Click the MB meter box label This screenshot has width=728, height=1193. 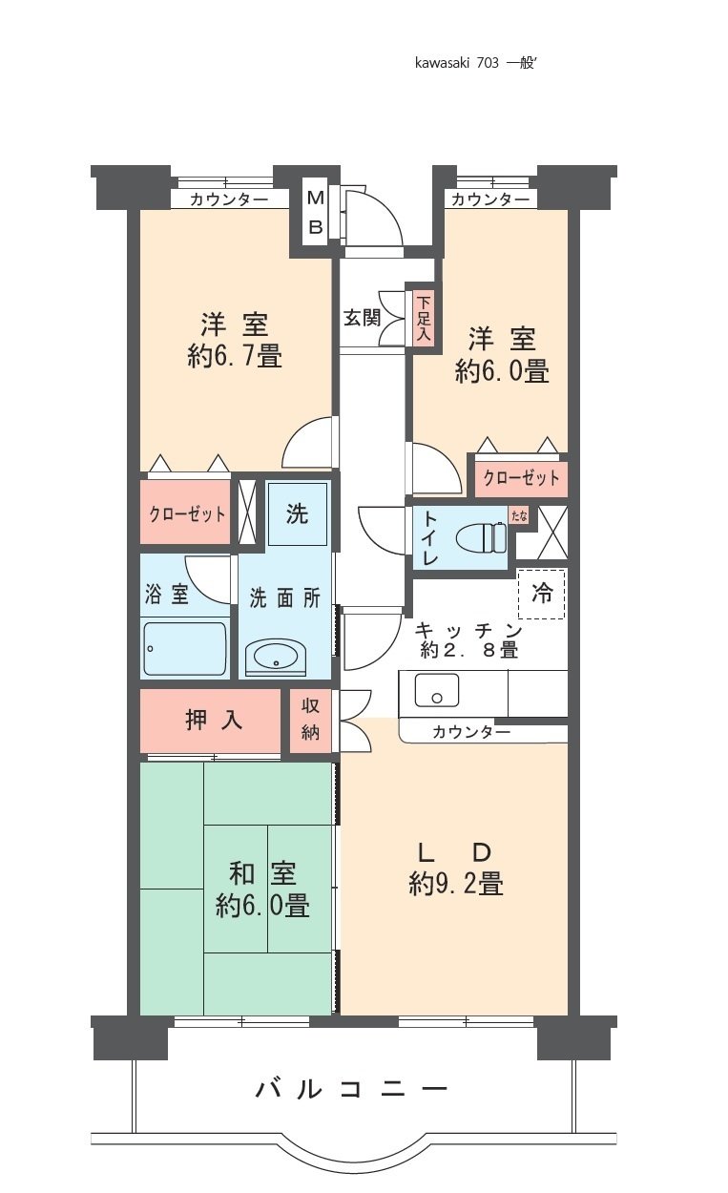pyautogui.click(x=316, y=212)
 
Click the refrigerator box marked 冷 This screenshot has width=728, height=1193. pyautogui.click(x=541, y=594)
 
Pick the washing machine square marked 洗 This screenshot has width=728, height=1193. pyautogui.click(x=297, y=513)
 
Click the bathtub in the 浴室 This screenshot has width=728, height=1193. pyautogui.click(x=185, y=649)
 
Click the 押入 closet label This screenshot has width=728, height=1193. pyautogui.click(x=214, y=721)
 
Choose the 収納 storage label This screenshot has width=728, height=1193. pyautogui.click(x=310, y=721)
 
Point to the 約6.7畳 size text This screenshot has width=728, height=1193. pyautogui.click(x=235, y=357)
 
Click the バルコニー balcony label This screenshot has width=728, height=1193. pyautogui.click(x=351, y=1089)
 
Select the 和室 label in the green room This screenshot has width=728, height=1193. pyautogui.click(x=262, y=872)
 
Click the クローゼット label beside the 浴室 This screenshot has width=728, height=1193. pyautogui.click(x=187, y=514)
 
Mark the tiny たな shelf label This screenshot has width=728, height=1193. pyautogui.click(x=519, y=516)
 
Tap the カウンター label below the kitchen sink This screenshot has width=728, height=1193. pyautogui.click(x=470, y=733)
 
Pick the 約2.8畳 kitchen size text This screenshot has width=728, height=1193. pyautogui.click(x=469, y=651)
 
